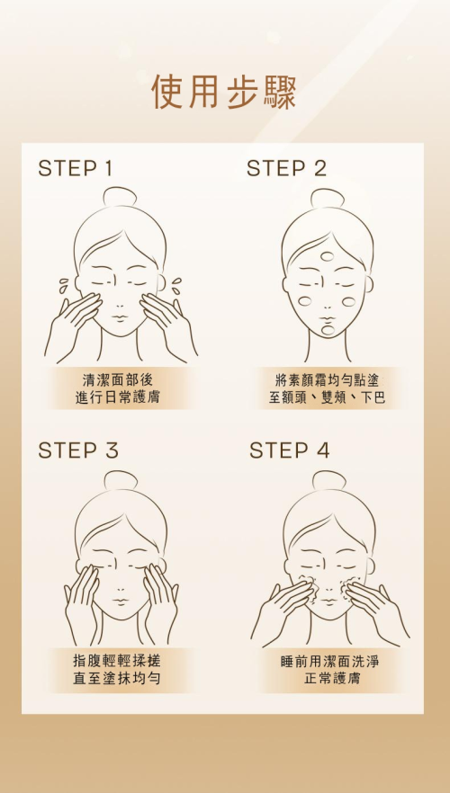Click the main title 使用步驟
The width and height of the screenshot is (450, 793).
pos(224,92)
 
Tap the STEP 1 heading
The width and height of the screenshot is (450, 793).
pos(75,168)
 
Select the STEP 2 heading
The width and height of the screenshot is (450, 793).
pos(286,168)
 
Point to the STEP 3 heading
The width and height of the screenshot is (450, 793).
pos(78,450)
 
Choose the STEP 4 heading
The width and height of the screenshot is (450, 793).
pos(290,450)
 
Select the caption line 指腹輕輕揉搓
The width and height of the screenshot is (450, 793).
pos(117,660)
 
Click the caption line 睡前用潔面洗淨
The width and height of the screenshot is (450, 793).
pos(330,661)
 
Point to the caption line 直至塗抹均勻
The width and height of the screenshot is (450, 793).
pos(117,678)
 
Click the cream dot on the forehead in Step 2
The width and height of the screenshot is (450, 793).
pos(328,257)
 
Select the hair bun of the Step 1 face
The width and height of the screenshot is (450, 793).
pos(121,197)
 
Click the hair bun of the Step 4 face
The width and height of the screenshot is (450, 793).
pos(329,480)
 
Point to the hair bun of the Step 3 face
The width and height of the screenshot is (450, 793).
pos(121,480)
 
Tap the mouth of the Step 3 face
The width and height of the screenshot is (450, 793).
pos(121,601)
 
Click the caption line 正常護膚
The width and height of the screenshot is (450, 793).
pos(332,678)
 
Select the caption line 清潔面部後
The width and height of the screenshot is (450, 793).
pos(117,379)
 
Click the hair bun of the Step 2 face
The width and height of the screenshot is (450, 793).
pos(328,199)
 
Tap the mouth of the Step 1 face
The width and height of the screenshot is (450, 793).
pos(121,317)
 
